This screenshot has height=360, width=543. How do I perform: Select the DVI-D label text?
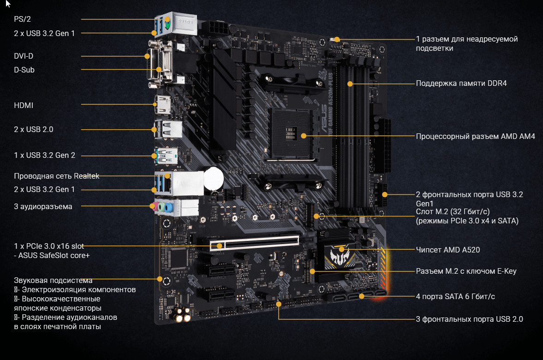pos(24,56)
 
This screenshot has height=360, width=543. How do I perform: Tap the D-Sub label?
pos(24,70)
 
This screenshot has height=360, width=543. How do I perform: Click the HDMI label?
pos(24,105)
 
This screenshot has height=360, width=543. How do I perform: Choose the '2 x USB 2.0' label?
pos(33,130)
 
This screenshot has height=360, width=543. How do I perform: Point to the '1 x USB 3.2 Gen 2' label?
pos(44,156)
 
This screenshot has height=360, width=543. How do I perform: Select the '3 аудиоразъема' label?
pos(43,207)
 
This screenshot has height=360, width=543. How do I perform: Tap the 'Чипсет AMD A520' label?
pos(448,250)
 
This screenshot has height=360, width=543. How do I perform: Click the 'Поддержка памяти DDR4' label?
pos(461,84)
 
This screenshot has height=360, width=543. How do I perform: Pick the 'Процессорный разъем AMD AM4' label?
pos(475,137)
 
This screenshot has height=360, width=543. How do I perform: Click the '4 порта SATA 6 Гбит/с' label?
pos(455,296)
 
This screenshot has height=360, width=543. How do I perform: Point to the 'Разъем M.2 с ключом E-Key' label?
pos(466,271)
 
